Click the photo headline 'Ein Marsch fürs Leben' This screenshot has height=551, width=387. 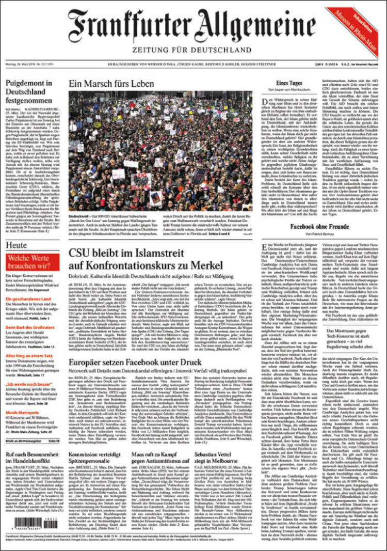[111, 84]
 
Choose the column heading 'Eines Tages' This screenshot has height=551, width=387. [288, 83]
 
